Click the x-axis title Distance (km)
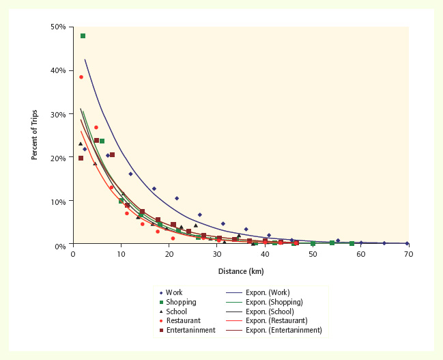[241, 271]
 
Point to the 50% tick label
[58, 27]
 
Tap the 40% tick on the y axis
[58, 70]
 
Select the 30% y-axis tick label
[58, 114]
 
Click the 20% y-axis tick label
[58, 158]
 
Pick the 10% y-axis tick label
[58, 202]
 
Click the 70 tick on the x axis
[408, 253]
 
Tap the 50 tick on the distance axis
[313, 253]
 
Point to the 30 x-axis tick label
[217, 253]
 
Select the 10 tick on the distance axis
[121, 253]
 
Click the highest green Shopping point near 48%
[83, 36]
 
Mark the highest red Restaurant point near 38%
[81, 77]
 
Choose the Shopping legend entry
[180, 302]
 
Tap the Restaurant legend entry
[182, 320]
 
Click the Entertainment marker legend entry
[186, 330]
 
